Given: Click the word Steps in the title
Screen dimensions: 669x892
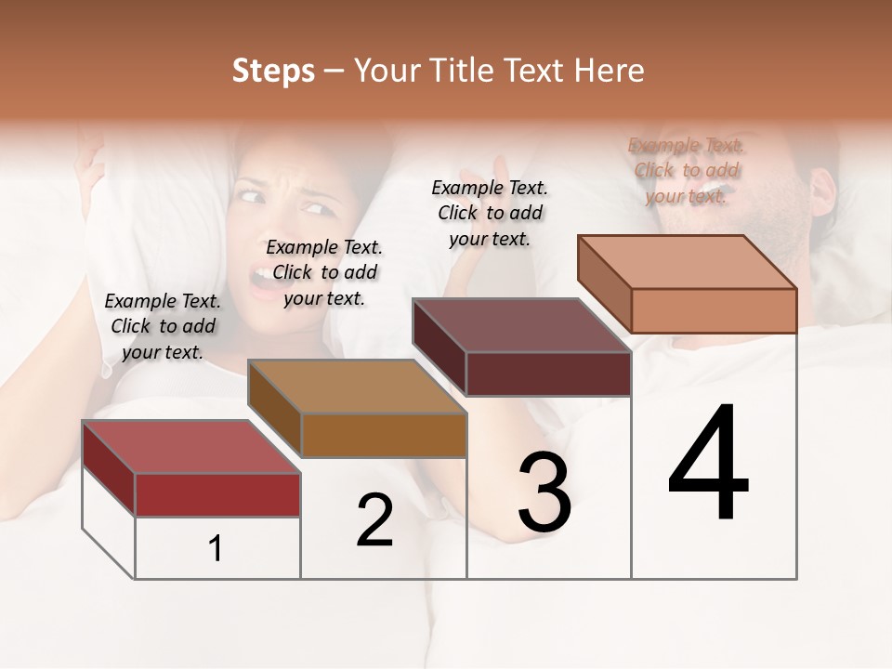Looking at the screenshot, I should pos(273,71).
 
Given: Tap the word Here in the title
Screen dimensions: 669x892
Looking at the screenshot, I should pos(609,71).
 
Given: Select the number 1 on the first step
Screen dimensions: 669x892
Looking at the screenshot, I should pos(216,549).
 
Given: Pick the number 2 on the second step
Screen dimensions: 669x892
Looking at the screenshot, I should pos(374,520).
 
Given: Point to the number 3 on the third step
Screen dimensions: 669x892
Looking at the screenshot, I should pos(544,493).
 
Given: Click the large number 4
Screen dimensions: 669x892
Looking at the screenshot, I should pos(709,464).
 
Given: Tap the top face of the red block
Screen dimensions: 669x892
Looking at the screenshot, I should pos(190,447).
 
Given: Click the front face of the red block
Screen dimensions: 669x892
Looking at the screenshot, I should pos(217,494).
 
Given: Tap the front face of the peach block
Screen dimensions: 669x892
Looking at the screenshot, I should pos(714,310).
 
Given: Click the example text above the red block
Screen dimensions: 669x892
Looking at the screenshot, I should pos(163,327).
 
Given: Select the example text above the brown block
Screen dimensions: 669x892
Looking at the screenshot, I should pos(324,273).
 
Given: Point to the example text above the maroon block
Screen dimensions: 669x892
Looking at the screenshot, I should pos(490,213).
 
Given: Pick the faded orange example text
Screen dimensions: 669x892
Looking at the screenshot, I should pos(686,170).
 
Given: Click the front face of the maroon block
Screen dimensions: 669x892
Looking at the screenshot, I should pos(548,374).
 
